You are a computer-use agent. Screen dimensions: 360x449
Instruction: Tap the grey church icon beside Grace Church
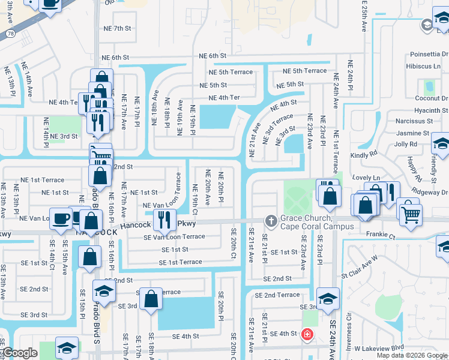[x=271, y=221]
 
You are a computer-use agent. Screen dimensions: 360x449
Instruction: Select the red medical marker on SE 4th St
[x=307, y=334]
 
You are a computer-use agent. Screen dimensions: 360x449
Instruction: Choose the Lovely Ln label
[x=367, y=178]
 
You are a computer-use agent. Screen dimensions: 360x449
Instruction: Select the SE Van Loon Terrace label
[x=174, y=237]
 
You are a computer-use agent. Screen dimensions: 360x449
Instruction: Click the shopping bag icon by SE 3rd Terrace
[x=151, y=299]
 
